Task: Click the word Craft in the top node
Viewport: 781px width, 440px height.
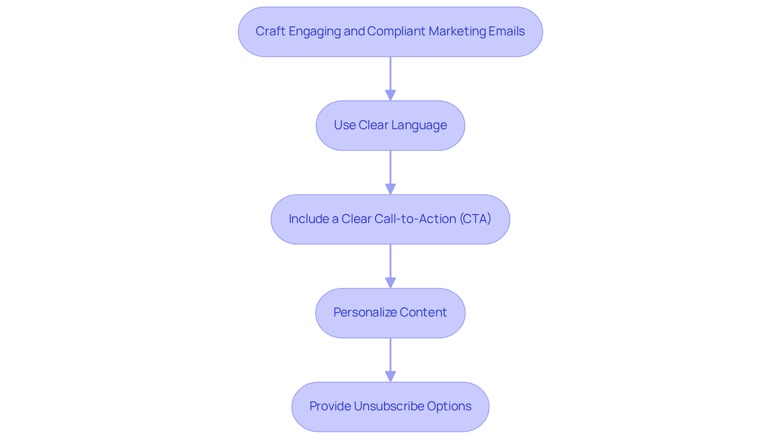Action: (x=270, y=31)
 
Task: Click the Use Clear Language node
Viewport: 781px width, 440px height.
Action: (x=390, y=126)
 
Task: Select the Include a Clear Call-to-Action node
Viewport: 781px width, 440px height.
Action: (x=390, y=219)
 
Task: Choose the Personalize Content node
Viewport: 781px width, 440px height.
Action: (x=390, y=313)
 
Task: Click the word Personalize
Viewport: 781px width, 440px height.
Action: (x=365, y=312)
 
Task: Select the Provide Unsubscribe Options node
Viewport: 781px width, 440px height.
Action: (x=390, y=407)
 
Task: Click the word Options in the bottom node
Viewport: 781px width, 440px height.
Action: (x=449, y=406)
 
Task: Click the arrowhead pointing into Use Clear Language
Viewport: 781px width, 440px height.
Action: (x=390, y=95)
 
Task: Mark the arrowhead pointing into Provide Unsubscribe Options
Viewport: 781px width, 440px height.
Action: (x=390, y=376)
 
